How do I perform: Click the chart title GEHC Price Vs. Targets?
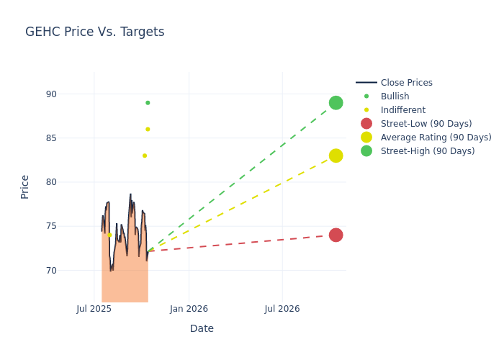pyautogui.click(x=94, y=32)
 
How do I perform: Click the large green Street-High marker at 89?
pyautogui.click(x=336, y=103)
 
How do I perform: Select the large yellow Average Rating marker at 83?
pyautogui.click(x=336, y=156)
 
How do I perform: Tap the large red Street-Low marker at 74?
pyautogui.click(x=336, y=235)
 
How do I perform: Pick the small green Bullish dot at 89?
pyautogui.click(x=148, y=103)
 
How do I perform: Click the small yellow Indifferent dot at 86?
pyautogui.click(x=148, y=130)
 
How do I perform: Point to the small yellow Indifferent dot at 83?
pyautogui.click(x=145, y=156)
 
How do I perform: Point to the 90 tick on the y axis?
pyautogui.click(x=71, y=94)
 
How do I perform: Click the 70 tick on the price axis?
pyautogui.click(x=71, y=271)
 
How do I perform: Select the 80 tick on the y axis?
pyautogui.click(x=71, y=182)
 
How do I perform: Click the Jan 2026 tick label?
pyautogui.click(x=189, y=309)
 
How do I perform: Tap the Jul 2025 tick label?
pyautogui.click(x=94, y=309)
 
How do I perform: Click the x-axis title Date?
pyautogui.click(x=202, y=329)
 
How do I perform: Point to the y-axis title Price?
pyautogui.click(x=25, y=186)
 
